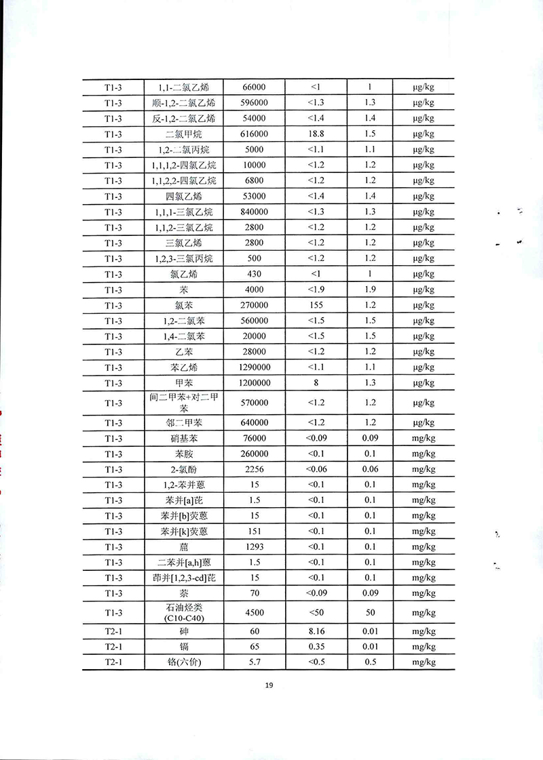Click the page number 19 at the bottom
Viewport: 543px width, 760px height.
coord(269,685)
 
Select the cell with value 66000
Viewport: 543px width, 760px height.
coord(254,87)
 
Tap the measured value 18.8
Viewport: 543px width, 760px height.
coord(316,134)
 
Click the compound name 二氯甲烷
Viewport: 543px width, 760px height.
coord(183,134)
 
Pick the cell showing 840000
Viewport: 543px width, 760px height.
coord(254,212)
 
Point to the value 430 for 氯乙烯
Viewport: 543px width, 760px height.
coord(254,275)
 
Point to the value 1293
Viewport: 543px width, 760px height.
coord(254,547)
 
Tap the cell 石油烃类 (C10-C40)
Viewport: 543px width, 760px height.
coord(183,614)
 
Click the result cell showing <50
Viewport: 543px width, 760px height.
coord(316,614)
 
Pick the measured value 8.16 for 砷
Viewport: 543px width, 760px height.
coord(316,632)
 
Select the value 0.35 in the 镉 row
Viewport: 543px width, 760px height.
coord(316,647)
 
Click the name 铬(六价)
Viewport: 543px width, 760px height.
coord(183,662)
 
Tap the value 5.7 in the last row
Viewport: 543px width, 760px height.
coord(254,662)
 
